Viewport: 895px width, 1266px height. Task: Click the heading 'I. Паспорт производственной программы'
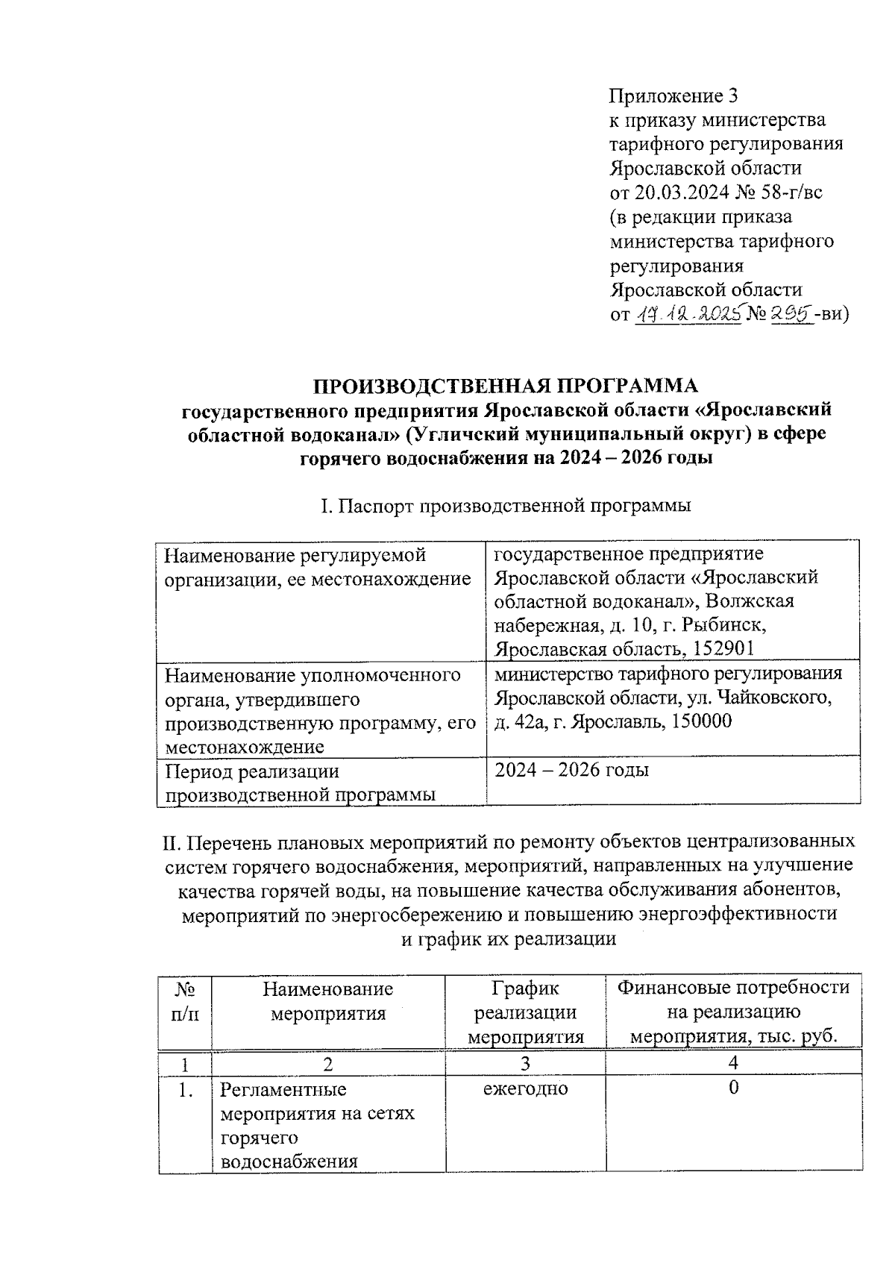[x=506, y=506]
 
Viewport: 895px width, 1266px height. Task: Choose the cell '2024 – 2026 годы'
[x=571, y=770]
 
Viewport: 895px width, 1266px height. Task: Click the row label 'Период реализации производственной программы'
[x=300, y=782]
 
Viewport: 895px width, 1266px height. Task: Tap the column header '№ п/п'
[x=185, y=1001]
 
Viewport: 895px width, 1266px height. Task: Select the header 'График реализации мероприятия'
[x=525, y=1012]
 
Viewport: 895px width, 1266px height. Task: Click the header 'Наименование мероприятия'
[x=327, y=1001]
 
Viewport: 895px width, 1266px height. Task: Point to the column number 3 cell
[x=525, y=1063]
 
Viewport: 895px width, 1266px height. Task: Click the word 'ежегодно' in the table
[x=525, y=1088]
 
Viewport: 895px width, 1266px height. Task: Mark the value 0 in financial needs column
[x=734, y=1088]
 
